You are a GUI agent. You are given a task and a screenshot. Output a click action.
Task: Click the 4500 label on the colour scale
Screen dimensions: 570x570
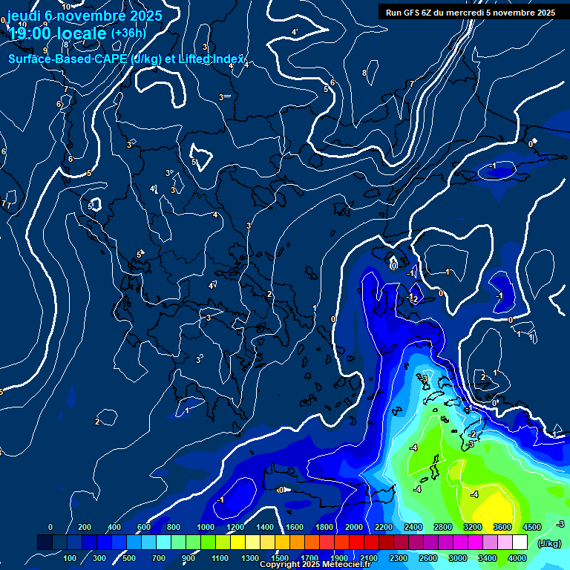[x=532, y=527]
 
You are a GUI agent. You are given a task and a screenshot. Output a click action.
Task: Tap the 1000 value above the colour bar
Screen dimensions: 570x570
[x=205, y=527]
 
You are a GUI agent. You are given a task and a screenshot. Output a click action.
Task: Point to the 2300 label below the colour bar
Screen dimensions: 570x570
[x=398, y=558]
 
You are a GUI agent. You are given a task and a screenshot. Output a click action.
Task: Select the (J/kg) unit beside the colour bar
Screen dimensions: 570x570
[x=549, y=543]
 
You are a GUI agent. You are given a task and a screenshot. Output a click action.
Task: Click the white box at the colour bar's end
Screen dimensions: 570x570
[x=520, y=543]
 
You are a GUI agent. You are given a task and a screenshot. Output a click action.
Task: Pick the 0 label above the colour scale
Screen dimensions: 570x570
[x=50, y=527]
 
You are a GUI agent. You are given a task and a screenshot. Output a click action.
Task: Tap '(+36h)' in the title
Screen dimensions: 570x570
[x=128, y=33]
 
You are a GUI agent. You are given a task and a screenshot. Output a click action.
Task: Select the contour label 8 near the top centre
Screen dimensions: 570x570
[x=364, y=73]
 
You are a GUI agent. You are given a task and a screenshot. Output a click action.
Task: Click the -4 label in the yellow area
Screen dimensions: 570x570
[x=475, y=494]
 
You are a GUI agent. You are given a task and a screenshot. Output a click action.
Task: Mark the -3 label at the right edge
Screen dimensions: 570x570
[x=561, y=524]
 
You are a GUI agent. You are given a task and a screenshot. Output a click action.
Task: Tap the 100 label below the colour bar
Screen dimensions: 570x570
[x=70, y=558]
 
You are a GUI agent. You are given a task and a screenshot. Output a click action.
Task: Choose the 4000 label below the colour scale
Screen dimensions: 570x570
[x=517, y=558]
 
